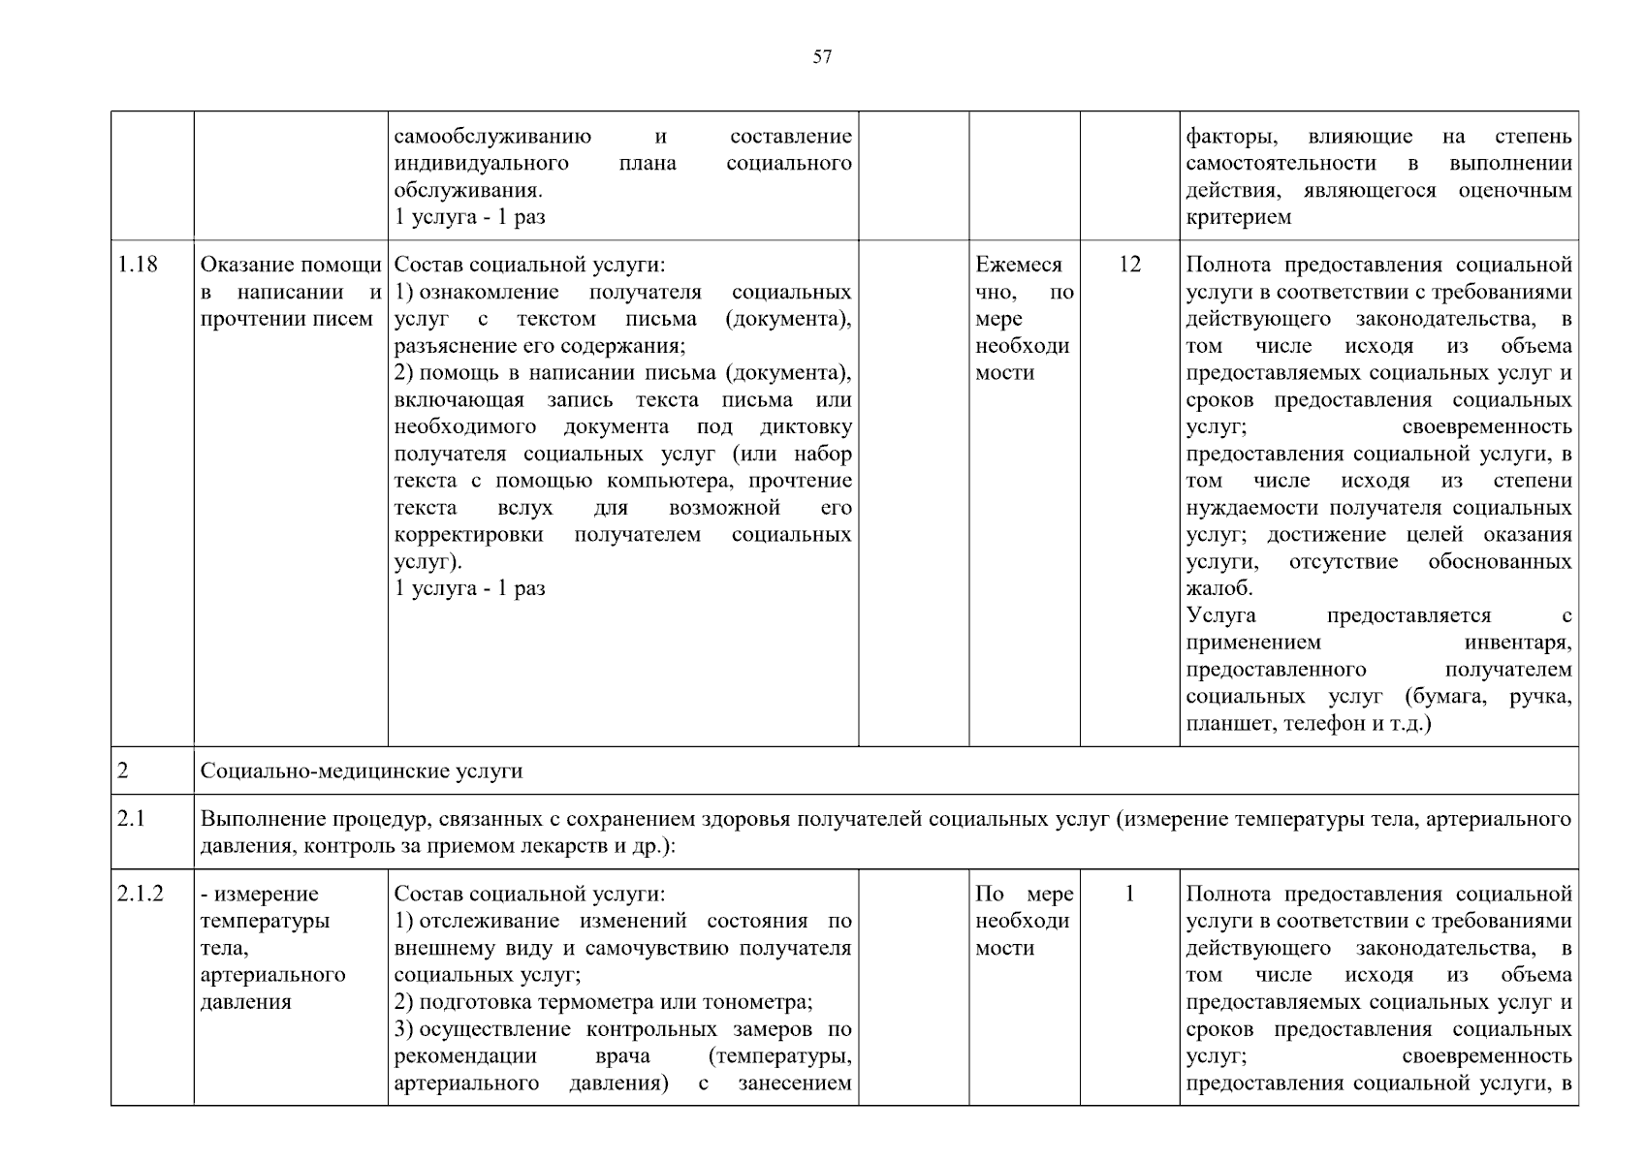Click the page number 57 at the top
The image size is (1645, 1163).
click(822, 57)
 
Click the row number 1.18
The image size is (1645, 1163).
click(138, 265)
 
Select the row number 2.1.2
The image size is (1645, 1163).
click(141, 894)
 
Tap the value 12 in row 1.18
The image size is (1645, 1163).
click(1129, 265)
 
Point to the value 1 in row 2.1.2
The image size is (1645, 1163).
click(1129, 894)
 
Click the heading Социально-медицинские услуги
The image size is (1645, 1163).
click(362, 771)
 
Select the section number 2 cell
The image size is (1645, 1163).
click(123, 771)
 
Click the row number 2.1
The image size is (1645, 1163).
click(131, 820)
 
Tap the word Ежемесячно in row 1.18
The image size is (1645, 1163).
click(1019, 265)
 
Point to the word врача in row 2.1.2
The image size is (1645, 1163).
click(622, 1056)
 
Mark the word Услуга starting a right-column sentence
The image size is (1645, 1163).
click(1220, 615)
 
